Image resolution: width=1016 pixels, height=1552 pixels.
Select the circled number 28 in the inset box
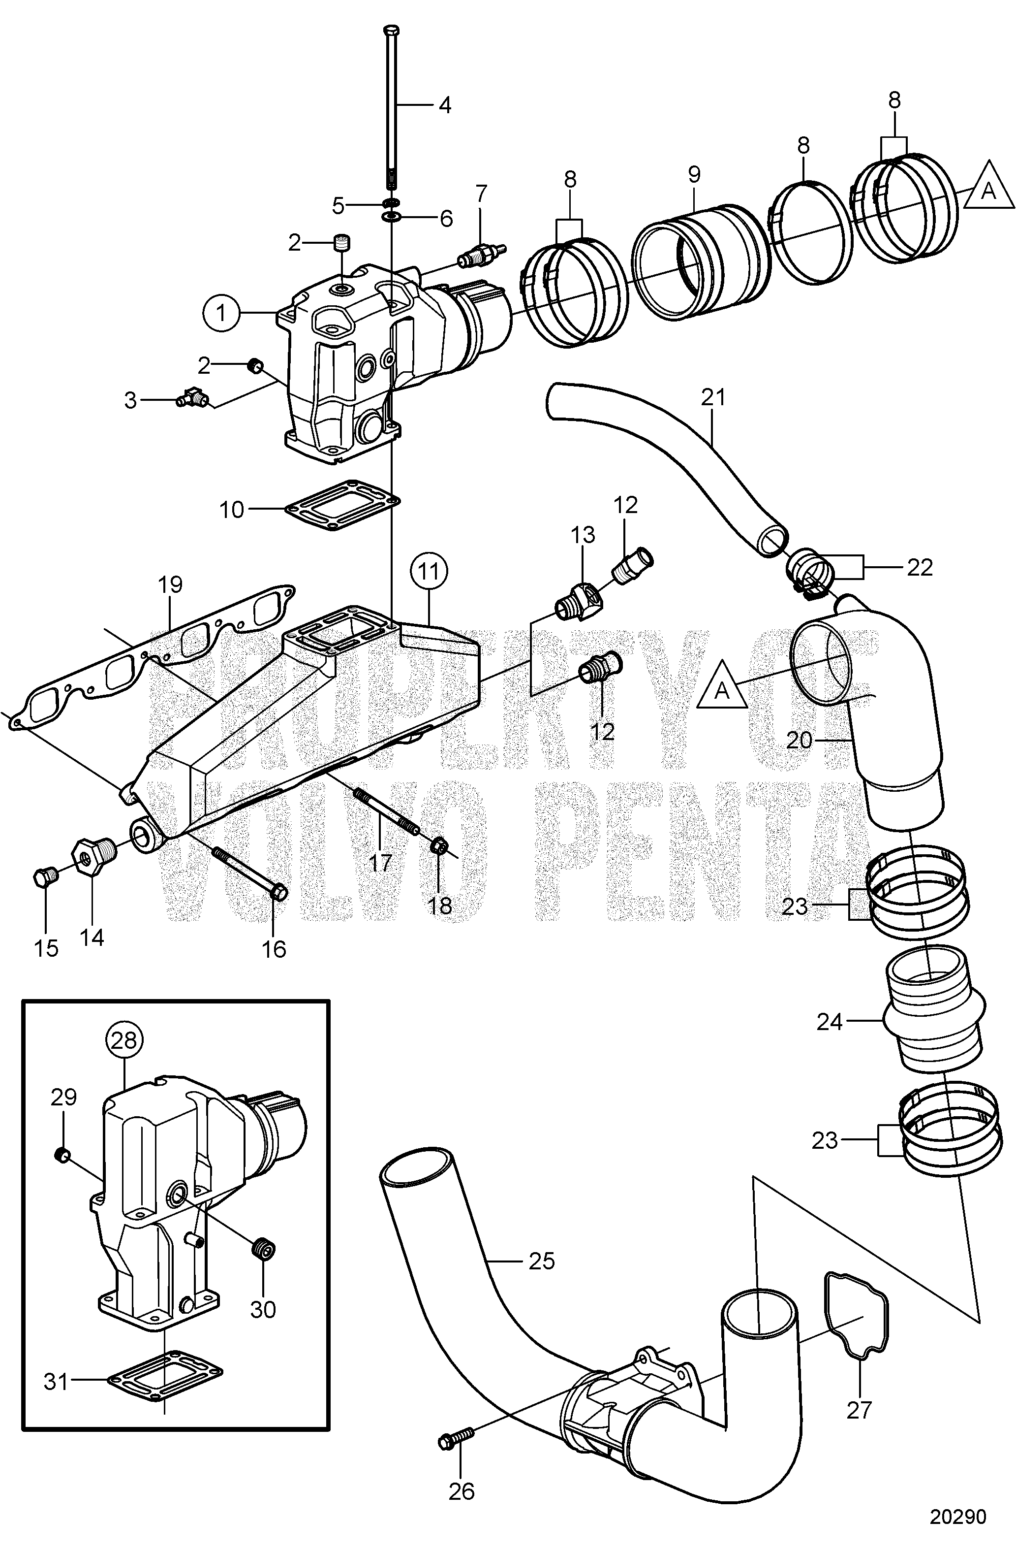click(x=124, y=1039)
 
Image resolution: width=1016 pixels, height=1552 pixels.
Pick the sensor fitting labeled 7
click(x=482, y=256)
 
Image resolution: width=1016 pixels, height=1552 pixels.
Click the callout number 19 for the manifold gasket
click(x=170, y=584)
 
